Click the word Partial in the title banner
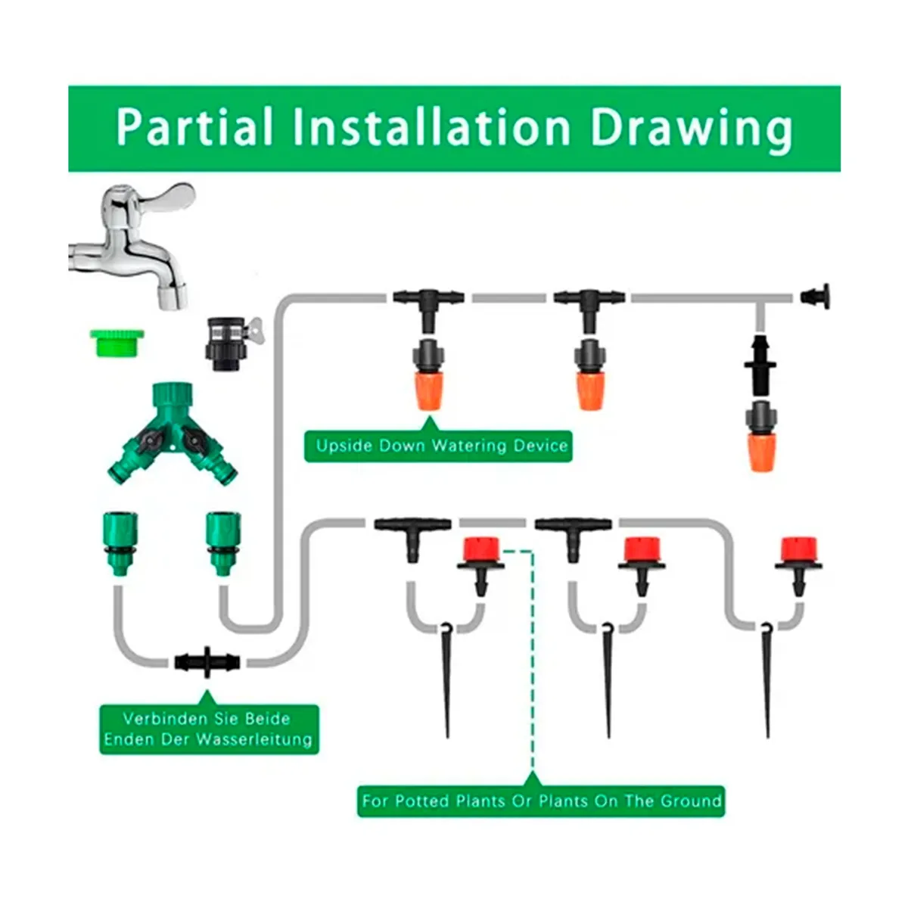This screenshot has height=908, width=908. tap(194, 127)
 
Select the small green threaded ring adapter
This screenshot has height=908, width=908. tap(117, 343)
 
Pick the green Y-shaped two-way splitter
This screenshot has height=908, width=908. tap(173, 433)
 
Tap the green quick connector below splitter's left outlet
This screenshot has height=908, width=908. tap(120, 543)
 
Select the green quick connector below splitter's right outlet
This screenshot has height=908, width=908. tap(223, 543)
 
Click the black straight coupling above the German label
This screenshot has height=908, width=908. tap(207, 662)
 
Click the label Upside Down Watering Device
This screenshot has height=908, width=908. tap(438, 446)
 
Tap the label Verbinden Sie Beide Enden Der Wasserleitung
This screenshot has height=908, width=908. tap(209, 729)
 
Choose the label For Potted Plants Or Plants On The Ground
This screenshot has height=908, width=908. tap(542, 801)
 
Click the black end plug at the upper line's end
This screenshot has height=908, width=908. tap(815, 297)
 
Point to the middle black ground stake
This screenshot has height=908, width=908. tap(608, 679)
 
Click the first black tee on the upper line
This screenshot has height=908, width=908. tap(428, 306)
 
